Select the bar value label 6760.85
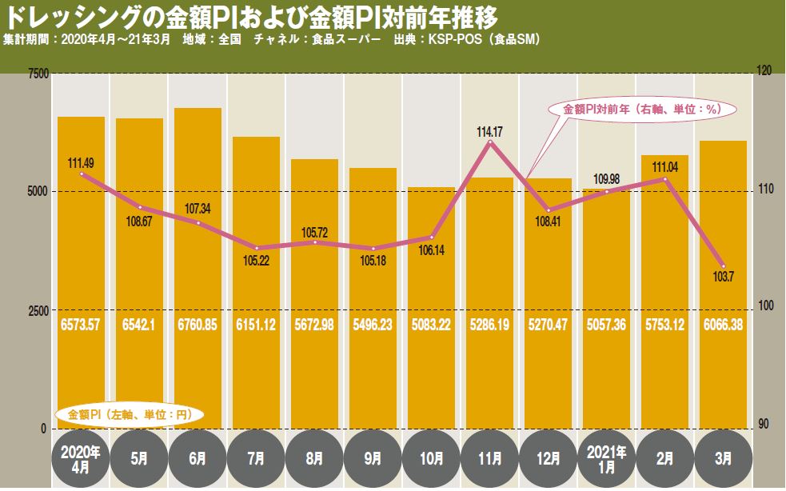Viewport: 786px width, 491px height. pos(197,326)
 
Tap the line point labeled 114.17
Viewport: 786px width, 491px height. pos(489,142)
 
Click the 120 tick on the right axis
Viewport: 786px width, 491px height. pos(764,72)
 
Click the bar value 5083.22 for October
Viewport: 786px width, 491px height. pos(431,326)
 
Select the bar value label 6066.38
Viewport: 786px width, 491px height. pos(723,326)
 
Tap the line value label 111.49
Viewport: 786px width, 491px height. pos(81,162)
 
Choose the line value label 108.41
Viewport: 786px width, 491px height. pos(548,222)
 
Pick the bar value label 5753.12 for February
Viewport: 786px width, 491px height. pos(664,326)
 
